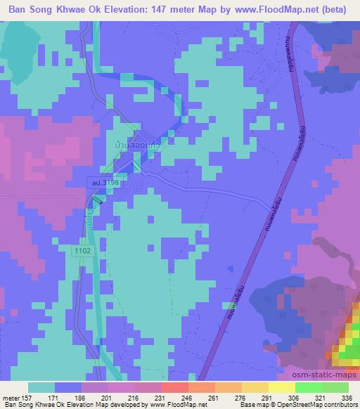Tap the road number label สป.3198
(103, 183)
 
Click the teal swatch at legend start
(41, 387)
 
